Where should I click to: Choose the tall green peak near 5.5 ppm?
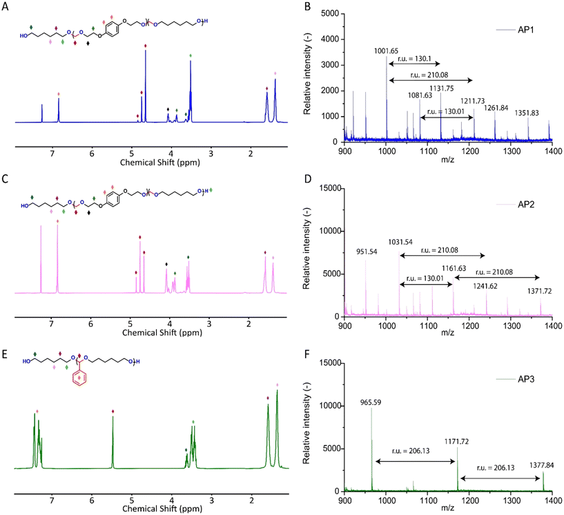pos(113,442)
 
